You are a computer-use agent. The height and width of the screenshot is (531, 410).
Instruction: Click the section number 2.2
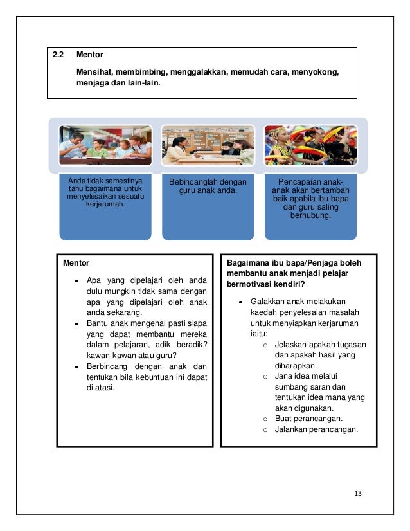(58, 55)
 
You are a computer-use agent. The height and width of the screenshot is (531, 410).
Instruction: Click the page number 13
(358, 493)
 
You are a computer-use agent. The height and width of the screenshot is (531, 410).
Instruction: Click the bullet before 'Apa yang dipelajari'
(76, 280)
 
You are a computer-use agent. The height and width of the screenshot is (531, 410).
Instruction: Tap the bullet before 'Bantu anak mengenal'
(76, 324)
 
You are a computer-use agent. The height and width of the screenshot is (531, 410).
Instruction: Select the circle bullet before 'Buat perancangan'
(265, 419)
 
